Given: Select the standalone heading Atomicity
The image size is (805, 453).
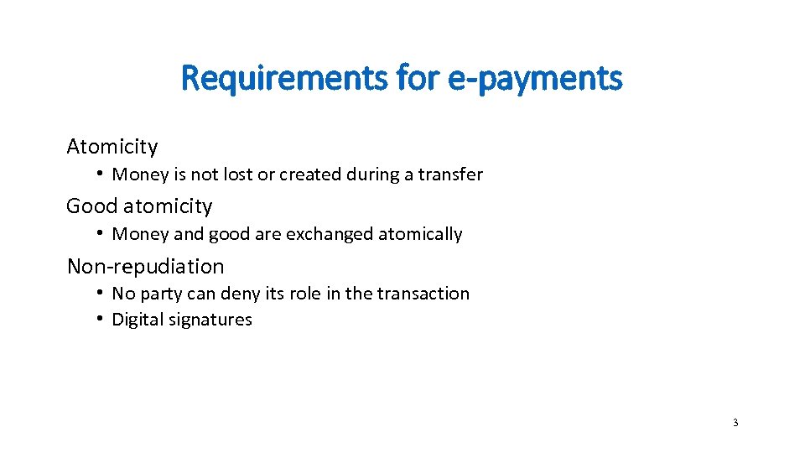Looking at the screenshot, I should pos(112,147).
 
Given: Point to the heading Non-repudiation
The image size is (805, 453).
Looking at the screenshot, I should pos(146,267).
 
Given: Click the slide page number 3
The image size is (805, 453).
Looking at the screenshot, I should pos(735,422).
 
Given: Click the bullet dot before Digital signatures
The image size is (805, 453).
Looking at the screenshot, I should pos(99,319).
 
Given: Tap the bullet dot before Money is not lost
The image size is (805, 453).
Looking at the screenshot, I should pos(99,174).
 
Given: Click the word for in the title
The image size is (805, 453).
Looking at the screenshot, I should pos(423,79).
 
